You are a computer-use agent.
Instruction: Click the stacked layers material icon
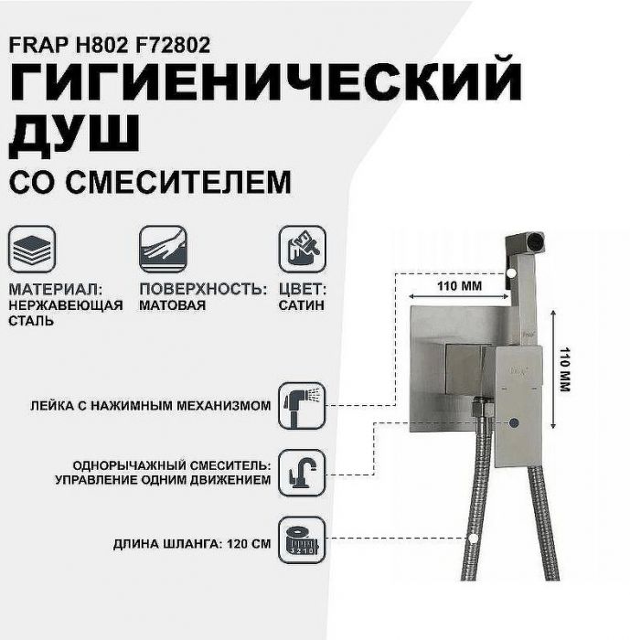point(32,247)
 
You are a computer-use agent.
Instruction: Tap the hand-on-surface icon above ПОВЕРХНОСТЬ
point(163,247)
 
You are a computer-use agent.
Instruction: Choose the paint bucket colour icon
point(301,247)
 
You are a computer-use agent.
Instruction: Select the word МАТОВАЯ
point(173,305)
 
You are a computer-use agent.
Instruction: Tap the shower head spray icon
point(301,404)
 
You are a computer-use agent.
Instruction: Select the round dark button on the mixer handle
point(516,423)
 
